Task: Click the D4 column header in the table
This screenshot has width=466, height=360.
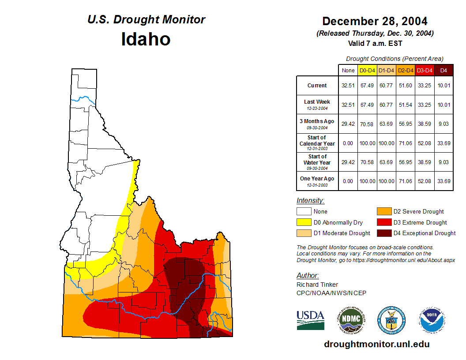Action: click(x=443, y=70)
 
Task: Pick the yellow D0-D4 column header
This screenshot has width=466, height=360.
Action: click(x=367, y=70)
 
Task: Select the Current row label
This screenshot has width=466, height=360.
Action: click(x=317, y=86)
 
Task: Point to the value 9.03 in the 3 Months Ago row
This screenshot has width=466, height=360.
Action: click(x=443, y=124)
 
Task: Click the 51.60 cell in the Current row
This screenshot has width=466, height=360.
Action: click(x=405, y=86)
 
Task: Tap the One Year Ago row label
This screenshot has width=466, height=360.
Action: click(x=317, y=179)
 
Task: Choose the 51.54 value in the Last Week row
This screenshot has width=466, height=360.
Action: click(x=405, y=105)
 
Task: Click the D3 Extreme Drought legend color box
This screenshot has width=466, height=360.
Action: click(x=384, y=222)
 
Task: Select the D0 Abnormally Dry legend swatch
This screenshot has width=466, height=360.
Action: click(x=304, y=222)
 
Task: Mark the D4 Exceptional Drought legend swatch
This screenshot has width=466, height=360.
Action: click(x=384, y=233)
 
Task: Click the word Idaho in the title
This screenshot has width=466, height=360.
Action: click(x=146, y=39)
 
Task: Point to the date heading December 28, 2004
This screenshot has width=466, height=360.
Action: click(x=375, y=21)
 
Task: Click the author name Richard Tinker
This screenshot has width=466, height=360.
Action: click(x=317, y=285)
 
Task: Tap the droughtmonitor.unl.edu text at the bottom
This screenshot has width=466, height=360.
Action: click(x=376, y=344)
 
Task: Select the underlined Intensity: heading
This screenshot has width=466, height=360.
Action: click(x=310, y=201)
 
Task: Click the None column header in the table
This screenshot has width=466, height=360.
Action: click(x=348, y=70)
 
